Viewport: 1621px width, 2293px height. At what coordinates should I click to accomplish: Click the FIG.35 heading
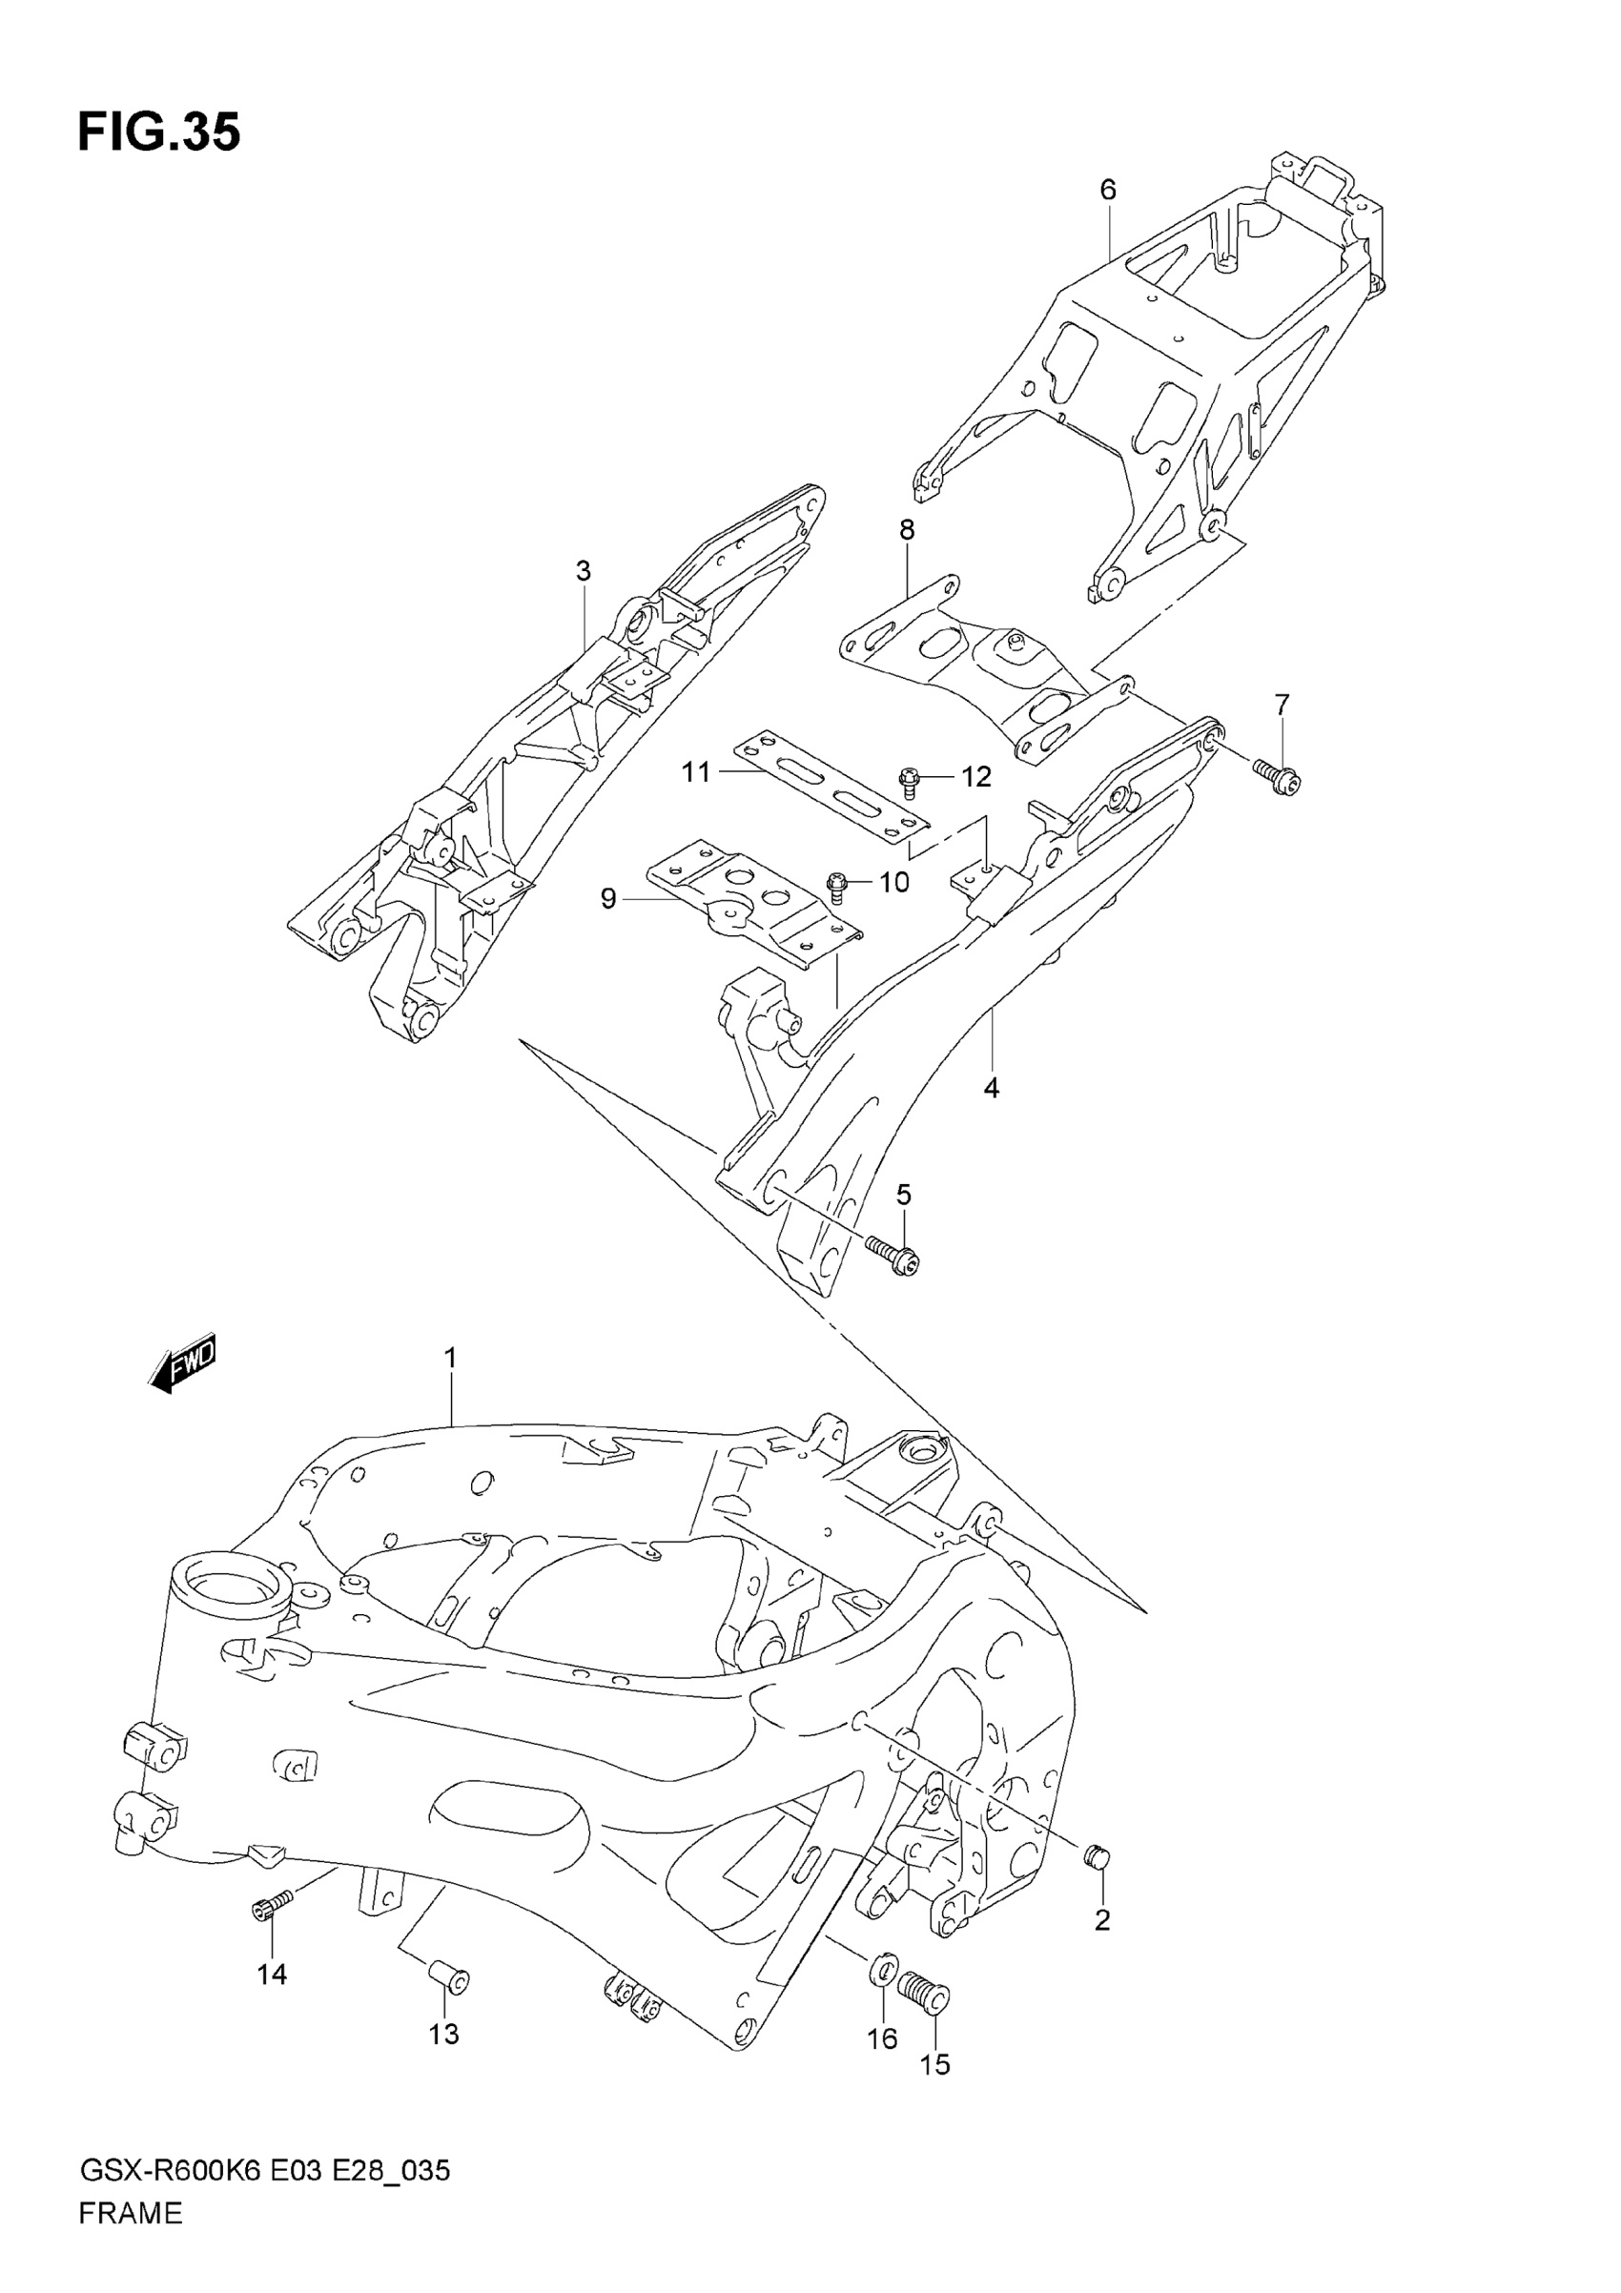tap(159, 133)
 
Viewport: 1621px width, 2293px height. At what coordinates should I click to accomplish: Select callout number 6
tap(1108, 189)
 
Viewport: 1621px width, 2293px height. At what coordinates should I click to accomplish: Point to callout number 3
tap(584, 571)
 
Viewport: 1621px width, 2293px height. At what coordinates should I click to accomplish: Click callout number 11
tap(696, 772)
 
